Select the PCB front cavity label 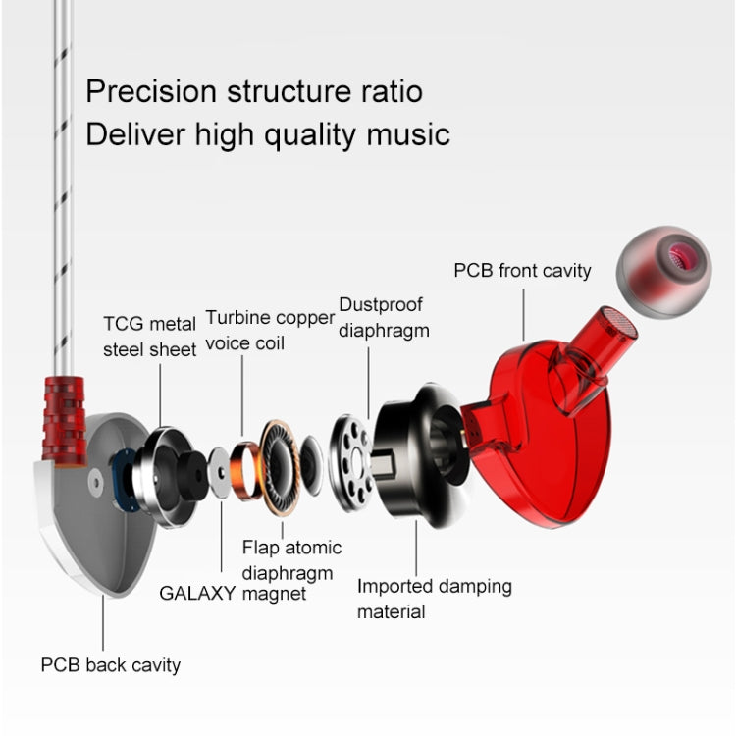(522, 270)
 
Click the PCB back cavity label (110, 665)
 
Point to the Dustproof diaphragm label (384, 317)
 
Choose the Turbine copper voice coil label (269, 331)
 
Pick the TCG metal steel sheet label (150, 337)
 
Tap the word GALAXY (197, 593)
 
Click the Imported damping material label (434, 599)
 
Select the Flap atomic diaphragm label (291, 559)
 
